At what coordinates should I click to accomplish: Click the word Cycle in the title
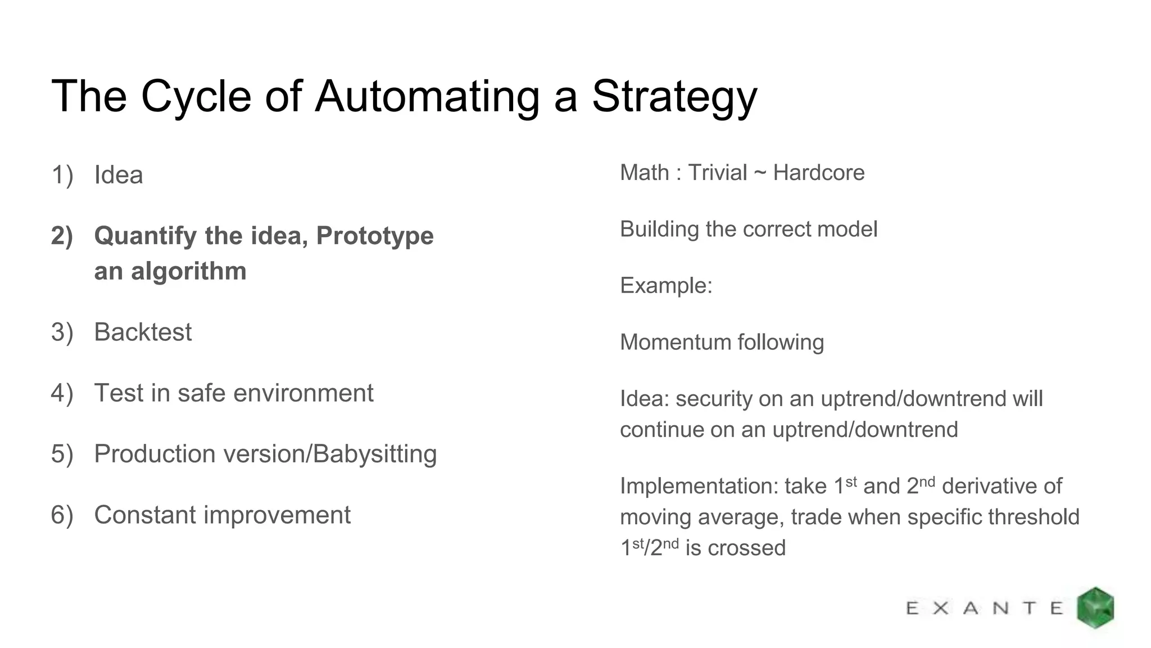tap(196, 97)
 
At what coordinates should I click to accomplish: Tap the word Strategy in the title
tap(674, 97)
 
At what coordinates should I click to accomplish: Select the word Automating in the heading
tap(427, 97)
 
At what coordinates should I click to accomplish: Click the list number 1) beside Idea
tap(62, 175)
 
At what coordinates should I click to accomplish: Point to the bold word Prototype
tap(375, 236)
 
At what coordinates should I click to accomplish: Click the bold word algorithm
tap(188, 271)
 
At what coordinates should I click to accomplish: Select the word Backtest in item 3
tap(143, 332)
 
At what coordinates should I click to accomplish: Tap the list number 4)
tap(62, 393)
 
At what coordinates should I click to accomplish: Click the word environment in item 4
tap(303, 393)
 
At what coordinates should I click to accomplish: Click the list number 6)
tap(62, 515)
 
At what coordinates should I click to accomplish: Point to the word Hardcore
tap(818, 173)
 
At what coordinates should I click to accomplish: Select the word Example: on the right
tap(666, 286)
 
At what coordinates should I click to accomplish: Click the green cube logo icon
tap(1095, 607)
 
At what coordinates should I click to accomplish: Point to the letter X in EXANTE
tap(941, 608)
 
